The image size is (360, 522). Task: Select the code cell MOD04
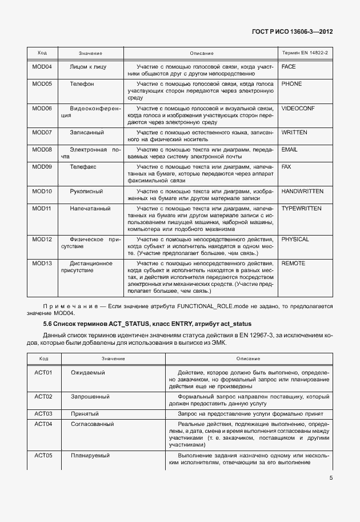tap(42, 67)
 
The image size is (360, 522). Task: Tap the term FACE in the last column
tap(289, 67)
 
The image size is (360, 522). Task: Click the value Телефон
tap(82, 84)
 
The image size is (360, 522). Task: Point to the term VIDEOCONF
tap(298, 108)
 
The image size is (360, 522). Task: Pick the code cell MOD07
tap(42, 132)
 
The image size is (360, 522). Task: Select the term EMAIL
tap(290, 149)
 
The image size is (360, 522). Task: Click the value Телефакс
tap(83, 166)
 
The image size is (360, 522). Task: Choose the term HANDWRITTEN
tap(302, 190)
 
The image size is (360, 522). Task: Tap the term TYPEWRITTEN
tap(302, 208)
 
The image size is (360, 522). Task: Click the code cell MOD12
tap(42, 239)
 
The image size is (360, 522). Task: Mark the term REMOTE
tap(293, 263)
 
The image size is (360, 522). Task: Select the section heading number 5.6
tap(33, 324)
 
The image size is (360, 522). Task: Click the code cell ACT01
tap(43, 372)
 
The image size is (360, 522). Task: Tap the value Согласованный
tap(92, 424)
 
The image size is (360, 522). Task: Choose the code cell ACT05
tap(43, 455)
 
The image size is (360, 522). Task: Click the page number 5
tap(331, 479)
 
